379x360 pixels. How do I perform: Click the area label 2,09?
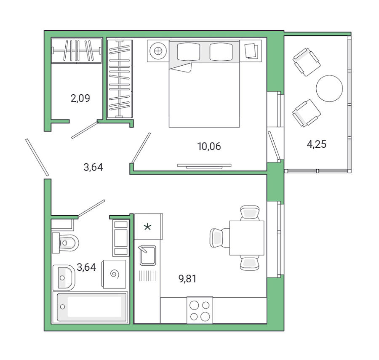[80, 99]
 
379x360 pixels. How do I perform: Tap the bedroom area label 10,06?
[209, 147]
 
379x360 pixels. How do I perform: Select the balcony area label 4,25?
[316, 144]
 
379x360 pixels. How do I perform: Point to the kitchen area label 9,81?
[187, 278]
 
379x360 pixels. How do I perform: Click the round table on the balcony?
[329, 88]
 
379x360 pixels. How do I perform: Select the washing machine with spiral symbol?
[114, 274]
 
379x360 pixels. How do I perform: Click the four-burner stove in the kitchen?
[199, 310]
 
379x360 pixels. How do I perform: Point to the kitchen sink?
[147, 255]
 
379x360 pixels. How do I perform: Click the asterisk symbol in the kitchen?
[148, 227]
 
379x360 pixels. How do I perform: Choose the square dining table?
[246, 238]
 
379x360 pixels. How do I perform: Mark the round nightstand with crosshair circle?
[158, 51]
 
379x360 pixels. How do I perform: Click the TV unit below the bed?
[204, 165]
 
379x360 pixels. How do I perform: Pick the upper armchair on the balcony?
[306, 61]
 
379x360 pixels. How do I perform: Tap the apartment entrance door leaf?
[37, 157]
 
